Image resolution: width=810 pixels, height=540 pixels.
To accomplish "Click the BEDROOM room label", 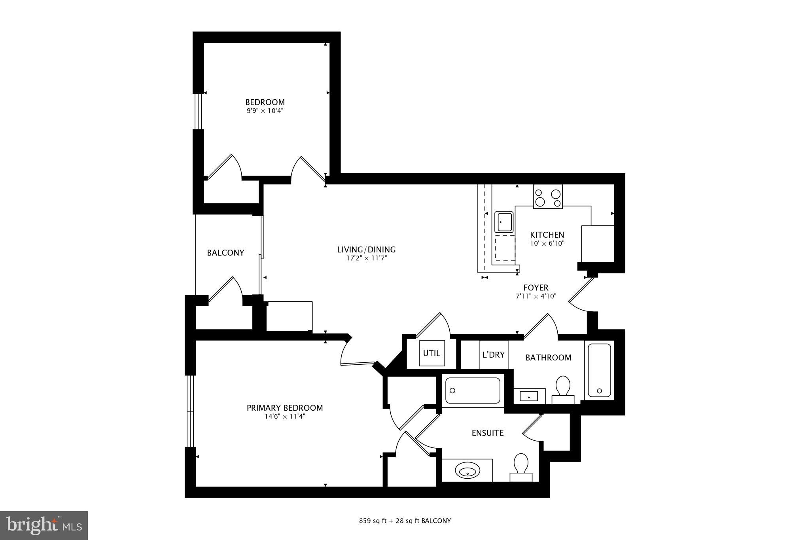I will (265, 102).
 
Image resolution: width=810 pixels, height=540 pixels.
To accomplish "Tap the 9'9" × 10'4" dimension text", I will (265, 111).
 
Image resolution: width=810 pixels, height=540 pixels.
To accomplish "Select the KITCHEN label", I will (547, 235).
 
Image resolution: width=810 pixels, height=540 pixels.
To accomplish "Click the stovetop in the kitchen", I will (547, 197).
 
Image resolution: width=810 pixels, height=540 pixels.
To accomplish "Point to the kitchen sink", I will (504, 222).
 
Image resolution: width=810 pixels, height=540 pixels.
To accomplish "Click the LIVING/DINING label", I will (366, 250).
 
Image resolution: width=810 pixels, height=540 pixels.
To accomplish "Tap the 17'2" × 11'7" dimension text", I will (366, 258).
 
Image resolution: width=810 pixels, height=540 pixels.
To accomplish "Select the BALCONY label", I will (225, 253).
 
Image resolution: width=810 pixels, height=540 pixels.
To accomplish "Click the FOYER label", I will (536, 288).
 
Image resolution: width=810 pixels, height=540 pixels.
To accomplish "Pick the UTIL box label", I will (431, 353).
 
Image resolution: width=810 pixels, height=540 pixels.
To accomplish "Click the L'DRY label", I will (493, 354).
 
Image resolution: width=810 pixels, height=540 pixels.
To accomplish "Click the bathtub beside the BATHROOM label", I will (599, 370).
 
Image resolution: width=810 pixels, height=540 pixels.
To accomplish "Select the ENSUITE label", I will (488, 433).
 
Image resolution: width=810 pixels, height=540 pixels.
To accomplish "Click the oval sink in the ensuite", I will (467, 471).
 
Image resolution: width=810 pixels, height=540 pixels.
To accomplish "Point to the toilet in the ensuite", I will (521, 466).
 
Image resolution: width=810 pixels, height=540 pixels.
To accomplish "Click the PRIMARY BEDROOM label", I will (285, 408).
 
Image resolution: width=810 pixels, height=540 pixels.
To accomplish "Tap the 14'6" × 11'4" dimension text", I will (285, 416).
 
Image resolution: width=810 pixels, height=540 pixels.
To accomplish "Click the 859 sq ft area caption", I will (405, 521).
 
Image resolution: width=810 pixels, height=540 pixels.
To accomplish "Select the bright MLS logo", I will (44, 525).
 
